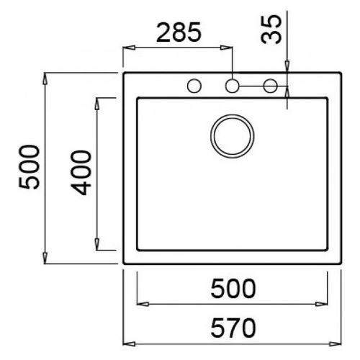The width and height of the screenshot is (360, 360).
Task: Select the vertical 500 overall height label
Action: tap(28, 167)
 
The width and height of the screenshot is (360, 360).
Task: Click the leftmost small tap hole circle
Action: tap(194, 86)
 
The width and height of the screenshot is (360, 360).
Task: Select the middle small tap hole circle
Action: tap(232, 86)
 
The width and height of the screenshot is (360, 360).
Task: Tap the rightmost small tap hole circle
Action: tap(271, 86)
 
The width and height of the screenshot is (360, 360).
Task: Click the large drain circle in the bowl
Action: tap(232, 134)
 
